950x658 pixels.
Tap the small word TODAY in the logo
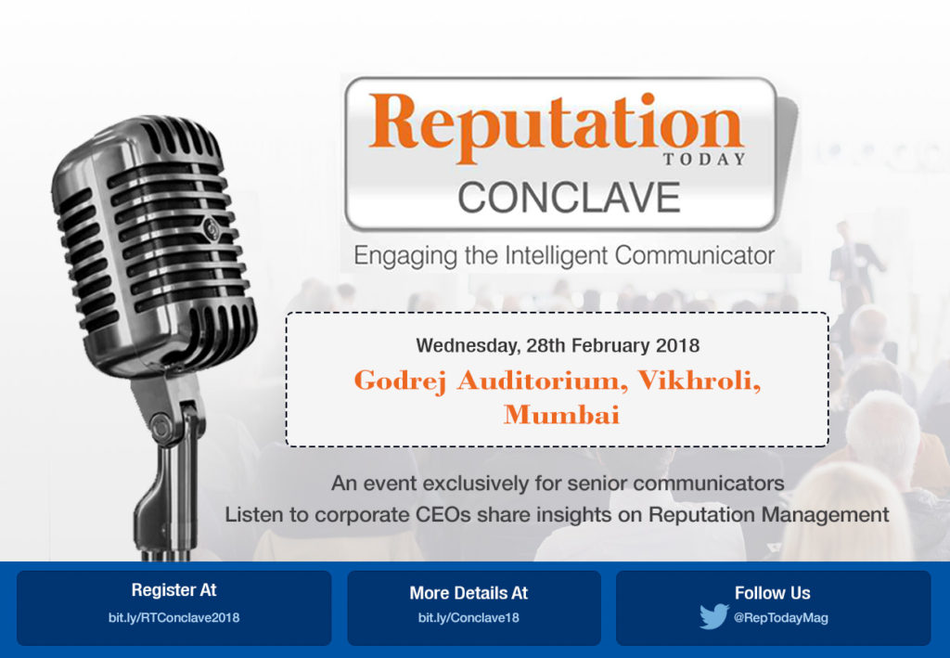pyautogui.click(x=717, y=159)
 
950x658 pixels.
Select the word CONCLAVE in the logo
pyautogui.click(x=569, y=198)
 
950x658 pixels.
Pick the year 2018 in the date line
pyautogui.click(x=677, y=346)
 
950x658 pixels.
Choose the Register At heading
pyautogui.click(x=173, y=590)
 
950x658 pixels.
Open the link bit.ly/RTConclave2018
pyautogui.click(x=173, y=617)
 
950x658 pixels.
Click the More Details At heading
pyautogui.click(x=469, y=592)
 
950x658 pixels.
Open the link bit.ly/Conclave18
pyautogui.click(x=469, y=617)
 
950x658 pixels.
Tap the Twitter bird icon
pyautogui.click(x=714, y=616)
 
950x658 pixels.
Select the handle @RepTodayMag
pyautogui.click(x=780, y=617)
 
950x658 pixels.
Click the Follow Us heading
pyautogui.click(x=772, y=593)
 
